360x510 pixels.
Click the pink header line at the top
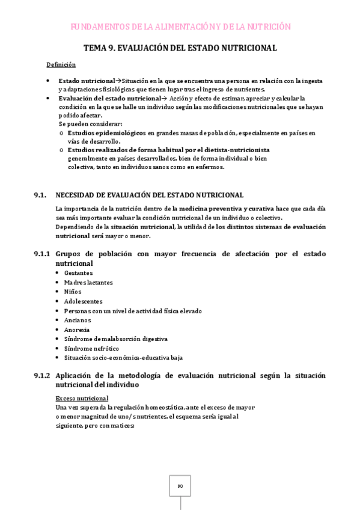180,27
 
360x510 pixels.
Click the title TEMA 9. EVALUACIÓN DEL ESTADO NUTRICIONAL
180,48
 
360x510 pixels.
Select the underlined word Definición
61,64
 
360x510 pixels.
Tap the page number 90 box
180,486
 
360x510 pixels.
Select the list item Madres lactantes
88,282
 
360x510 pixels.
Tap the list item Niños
73,292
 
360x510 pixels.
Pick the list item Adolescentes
83,301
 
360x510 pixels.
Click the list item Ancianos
77,320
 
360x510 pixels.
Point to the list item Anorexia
77,330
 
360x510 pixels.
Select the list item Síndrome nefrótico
91,348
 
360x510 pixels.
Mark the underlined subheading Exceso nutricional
82,398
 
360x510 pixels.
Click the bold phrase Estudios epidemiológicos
106,132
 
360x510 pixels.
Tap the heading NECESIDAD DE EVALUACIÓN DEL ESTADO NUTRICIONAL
149,195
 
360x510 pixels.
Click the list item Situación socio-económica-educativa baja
123,358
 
